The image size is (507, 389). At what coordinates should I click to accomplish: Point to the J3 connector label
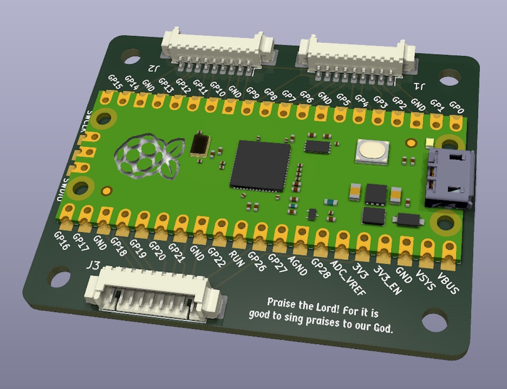click(x=93, y=266)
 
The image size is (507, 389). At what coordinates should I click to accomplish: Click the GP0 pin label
click(x=456, y=108)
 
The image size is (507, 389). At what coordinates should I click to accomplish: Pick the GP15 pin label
click(x=115, y=82)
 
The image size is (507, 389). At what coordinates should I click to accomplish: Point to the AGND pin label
click(x=298, y=266)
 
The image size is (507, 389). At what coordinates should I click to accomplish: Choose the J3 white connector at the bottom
click(x=153, y=294)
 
